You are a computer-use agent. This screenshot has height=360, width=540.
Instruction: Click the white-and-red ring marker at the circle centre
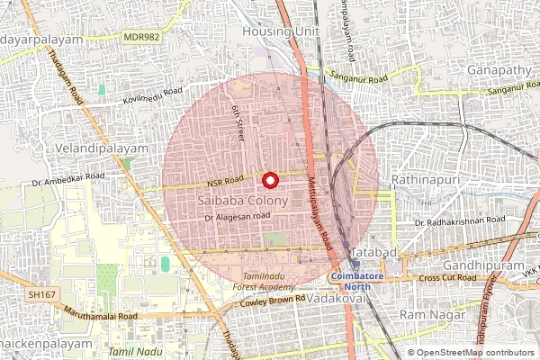[x=271, y=179]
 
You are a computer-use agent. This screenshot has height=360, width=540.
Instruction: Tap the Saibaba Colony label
[x=241, y=202]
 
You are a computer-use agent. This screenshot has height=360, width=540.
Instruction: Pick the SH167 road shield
[x=40, y=294]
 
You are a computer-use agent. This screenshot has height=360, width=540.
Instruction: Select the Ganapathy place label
[x=499, y=69]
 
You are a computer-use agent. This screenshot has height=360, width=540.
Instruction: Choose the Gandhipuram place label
[x=484, y=267]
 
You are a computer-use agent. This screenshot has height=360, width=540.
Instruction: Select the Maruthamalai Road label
[x=105, y=316]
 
